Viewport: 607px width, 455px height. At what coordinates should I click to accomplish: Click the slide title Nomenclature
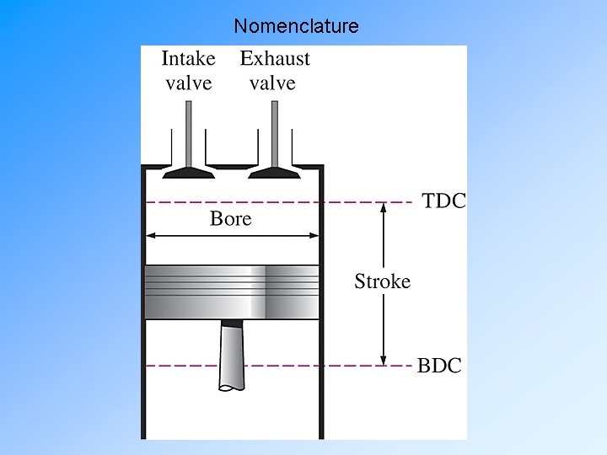pyautogui.click(x=296, y=26)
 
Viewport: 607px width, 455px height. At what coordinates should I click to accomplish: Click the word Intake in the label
pyautogui.click(x=188, y=59)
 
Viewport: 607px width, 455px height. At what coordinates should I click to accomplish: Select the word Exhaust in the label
pyautogui.click(x=275, y=59)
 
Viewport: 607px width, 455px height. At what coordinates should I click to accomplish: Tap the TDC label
pyautogui.click(x=443, y=202)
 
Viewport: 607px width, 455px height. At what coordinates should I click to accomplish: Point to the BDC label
pyautogui.click(x=440, y=366)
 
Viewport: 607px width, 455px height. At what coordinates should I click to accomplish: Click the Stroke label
pyautogui.click(x=383, y=281)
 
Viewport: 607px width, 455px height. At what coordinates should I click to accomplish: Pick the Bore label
pyautogui.click(x=230, y=219)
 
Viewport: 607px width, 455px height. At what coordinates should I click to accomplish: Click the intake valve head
pyautogui.click(x=189, y=171)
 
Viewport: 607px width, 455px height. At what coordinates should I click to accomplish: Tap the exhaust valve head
pyautogui.click(x=275, y=171)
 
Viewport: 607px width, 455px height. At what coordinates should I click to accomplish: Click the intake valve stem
pyautogui.click(x=189, y=131)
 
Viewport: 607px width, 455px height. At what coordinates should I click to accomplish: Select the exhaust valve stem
pyautogui.click(x=275, y=131)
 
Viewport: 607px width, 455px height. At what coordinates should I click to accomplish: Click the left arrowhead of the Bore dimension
pyautogui.click(x=150, y=238)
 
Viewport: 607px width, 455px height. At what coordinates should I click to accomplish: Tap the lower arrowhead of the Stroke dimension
pyautogui.click(x=384, y=359)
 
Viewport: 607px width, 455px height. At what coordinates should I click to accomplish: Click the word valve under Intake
pyautogui.click(x=188, y=83)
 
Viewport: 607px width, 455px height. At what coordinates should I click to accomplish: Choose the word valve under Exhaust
pyautogui.click(x=272, y=83)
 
